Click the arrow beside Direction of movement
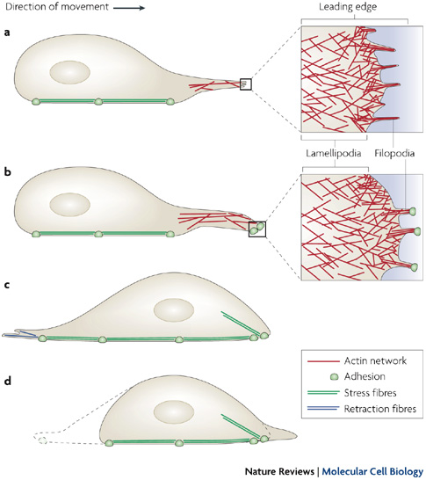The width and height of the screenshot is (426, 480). (x=129, y=8)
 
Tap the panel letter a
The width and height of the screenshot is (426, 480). (x=7, y=33)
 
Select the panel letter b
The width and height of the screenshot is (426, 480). (x=7, y=171)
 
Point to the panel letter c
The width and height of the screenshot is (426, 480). (x=7, y=285)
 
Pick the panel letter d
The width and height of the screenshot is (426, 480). (x=7, y=381)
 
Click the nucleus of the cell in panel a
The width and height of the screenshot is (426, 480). (x=69, y=73)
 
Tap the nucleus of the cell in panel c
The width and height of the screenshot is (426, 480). (x=174, y=310)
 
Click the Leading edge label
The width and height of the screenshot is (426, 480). (x=348, y=7)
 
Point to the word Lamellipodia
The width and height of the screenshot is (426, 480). (x=334, y=153)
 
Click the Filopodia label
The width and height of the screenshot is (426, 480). (x=394, y=153)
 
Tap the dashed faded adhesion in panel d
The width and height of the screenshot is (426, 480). (x=42, y=440)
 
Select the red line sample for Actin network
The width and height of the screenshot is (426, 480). (x=323, y=361)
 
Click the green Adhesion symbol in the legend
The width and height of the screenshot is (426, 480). (x=335, y=376)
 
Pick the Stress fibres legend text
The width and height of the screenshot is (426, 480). (x=370, y=393)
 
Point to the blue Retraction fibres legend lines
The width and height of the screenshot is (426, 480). (x=323, y=409)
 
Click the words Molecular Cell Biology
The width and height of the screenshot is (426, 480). (x=372, y=472)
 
